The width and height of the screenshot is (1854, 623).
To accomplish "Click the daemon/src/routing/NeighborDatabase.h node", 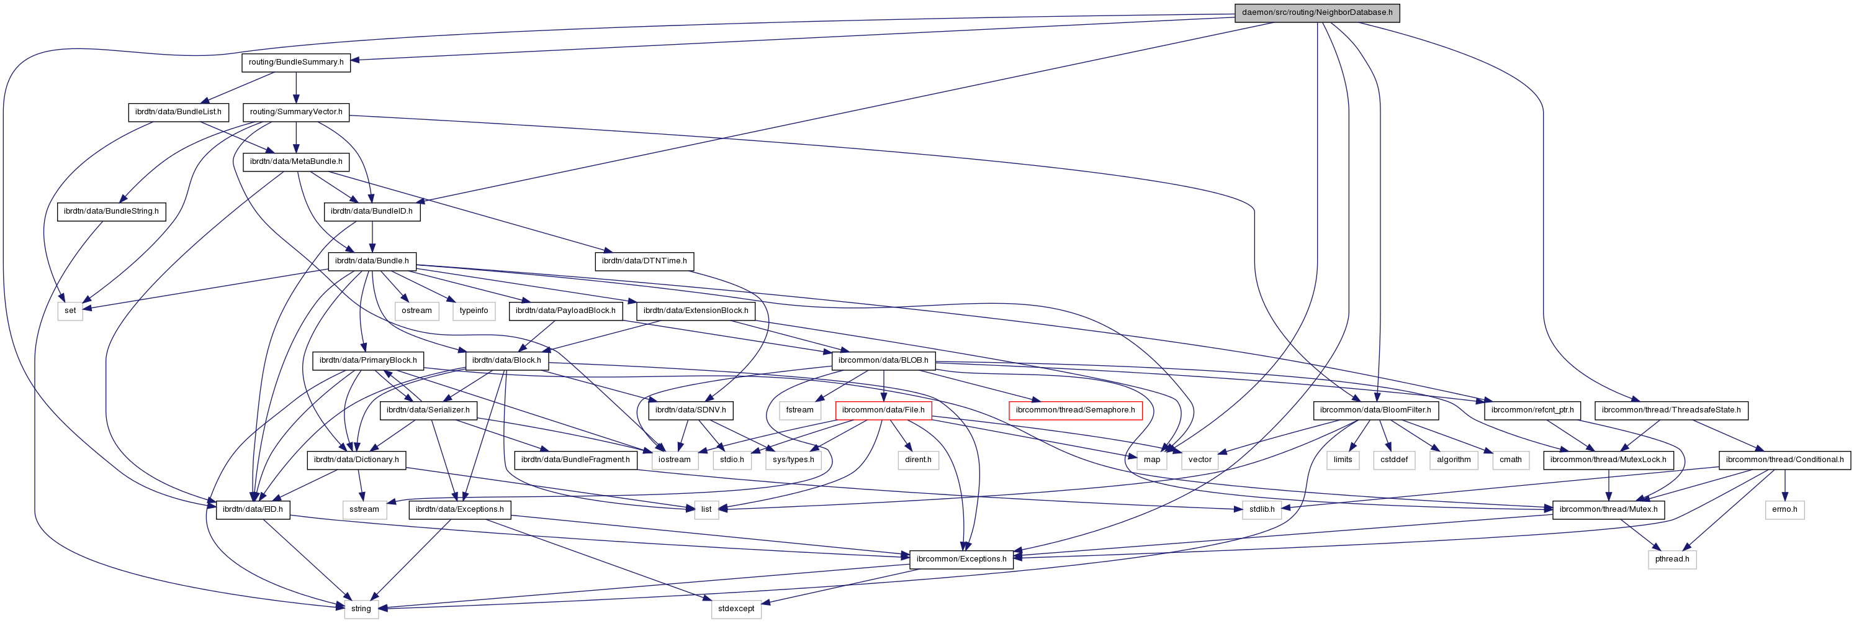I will tap(1317, 12).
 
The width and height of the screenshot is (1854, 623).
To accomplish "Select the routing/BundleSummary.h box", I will tap(296, 62).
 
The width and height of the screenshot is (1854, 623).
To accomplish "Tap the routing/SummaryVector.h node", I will tap(296, 112).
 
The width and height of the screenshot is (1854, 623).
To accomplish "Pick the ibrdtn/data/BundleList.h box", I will tap(179, 112).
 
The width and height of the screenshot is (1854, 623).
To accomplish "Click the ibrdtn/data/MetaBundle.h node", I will tap(296, 161).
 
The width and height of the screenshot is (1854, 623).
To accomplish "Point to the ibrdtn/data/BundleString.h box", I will tap(111, 211).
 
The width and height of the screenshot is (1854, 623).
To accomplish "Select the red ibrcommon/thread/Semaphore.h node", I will tap(1075, 410).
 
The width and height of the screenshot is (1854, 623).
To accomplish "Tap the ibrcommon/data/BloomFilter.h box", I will tap(1376, 410).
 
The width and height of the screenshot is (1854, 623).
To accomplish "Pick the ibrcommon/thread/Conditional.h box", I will tap(1785, 460).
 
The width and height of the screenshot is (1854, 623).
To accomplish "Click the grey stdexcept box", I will tap(736, 609).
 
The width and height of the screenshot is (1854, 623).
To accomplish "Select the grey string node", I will tap(361, 609).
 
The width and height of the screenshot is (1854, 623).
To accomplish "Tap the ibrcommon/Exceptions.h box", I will tap(961, 559).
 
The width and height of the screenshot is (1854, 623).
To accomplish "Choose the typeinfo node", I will tap(474, 311).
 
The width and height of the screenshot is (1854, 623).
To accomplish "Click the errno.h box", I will tap(1785, 509).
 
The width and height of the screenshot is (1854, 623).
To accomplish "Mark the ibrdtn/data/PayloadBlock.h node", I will tap(565, 311).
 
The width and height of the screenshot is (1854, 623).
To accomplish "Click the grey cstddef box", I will tap(1394, 460).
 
